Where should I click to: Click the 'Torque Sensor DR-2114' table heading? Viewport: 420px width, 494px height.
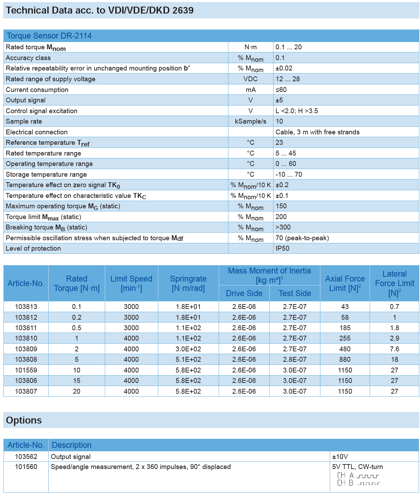(x=49, y=36)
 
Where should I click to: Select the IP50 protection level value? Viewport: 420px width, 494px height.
(x=282, y=249)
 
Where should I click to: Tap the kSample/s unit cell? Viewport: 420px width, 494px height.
(x=251, y=122)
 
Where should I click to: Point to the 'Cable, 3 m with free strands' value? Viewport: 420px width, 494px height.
(x=317, y=132)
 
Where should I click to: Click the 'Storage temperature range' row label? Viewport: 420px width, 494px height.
(x=46, y=175)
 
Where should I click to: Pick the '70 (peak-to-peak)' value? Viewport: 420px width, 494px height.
(x=302, y=238)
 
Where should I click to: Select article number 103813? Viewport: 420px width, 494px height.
(x=26, y=307)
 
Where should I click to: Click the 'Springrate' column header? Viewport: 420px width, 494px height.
(x=188, y=283)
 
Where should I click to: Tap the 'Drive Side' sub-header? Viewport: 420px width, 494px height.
(x=244, y=293)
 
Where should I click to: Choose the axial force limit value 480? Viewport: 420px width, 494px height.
(x=345, y=349)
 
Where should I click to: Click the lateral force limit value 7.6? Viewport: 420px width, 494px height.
(x=394, y=349)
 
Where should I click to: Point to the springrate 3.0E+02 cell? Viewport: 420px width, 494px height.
(x=188, y=349)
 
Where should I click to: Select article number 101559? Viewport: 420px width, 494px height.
(x=26, y=370)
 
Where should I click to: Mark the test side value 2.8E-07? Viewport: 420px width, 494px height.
(x=295, y=360)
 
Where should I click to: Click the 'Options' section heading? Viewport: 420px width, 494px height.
(x=24, y=420)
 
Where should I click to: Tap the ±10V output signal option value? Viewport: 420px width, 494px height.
(x=340, y=457)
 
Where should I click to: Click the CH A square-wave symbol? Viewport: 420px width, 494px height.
(x=368, y=476)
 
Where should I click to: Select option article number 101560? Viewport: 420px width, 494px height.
(x=26, y=467)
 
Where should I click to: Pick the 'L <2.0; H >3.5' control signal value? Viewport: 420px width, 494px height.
(x=296, y=111)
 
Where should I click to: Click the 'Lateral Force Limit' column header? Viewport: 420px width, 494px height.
(x=394, y=283)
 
